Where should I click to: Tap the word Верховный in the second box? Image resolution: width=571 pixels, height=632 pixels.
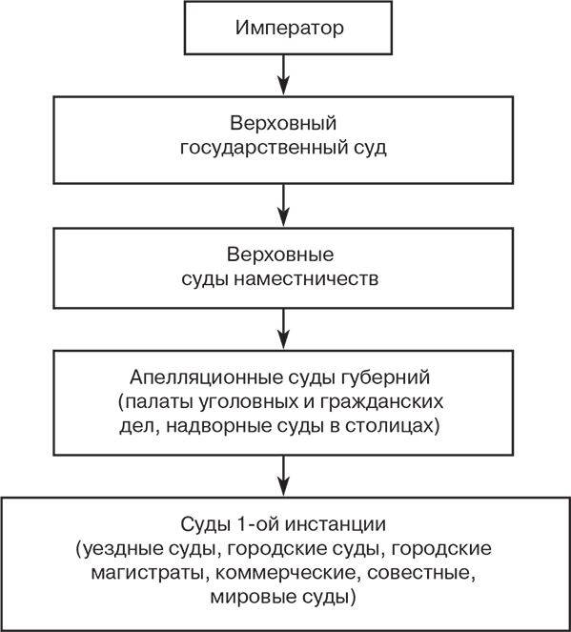click(284, 126)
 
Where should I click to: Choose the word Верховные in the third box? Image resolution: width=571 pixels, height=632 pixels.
click(284, 256)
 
